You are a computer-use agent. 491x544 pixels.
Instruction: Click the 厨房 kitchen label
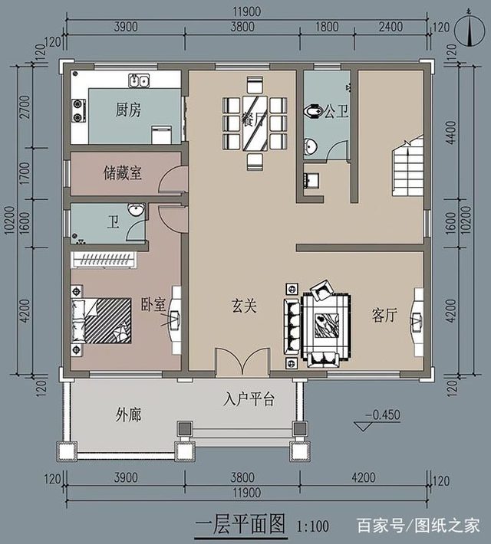pyautogui.click(x=128, y=110)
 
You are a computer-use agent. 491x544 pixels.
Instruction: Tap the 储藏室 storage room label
pyautogui.click(x=122, y=173)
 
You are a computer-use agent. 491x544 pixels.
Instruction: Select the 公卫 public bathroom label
pyautogui.click(x=336, y=113)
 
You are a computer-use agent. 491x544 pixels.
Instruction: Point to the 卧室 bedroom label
pyautogui.click(x=153, y=304)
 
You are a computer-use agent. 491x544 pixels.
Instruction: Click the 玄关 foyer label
pyautogui.click(x=244, y=306)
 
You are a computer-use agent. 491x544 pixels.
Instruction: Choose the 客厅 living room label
pyautogui.click(x=384, y=315)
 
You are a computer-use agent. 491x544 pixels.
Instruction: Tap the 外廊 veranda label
pyautogui.click(x=128, y=415)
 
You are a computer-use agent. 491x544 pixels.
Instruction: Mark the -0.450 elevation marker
pyautogui.click(x=381, y=415)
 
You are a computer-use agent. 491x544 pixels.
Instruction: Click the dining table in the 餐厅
pyautogui.click(x=255, y=123)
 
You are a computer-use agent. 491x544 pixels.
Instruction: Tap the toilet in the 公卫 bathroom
pyautogui.click(x=312, y=112)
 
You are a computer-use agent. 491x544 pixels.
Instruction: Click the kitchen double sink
pyautogui.click(x=138, y=79)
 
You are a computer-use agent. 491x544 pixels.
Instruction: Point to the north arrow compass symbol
pyautogui.click(x=469, y=28)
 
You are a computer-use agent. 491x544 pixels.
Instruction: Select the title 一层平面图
pyautogui.click(x=241, y=525)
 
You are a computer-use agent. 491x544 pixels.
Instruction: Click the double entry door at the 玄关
pyautogui.click(x=242, y=361)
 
